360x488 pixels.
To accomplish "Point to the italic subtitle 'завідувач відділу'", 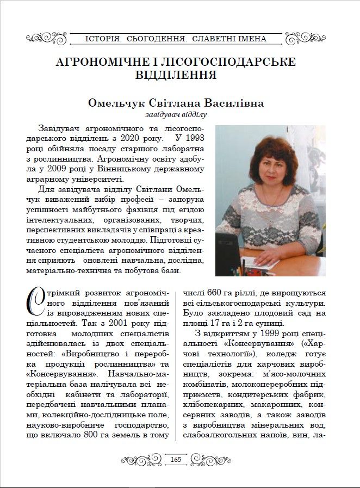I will pos(176,115).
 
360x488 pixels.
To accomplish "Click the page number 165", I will pos(176,459).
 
